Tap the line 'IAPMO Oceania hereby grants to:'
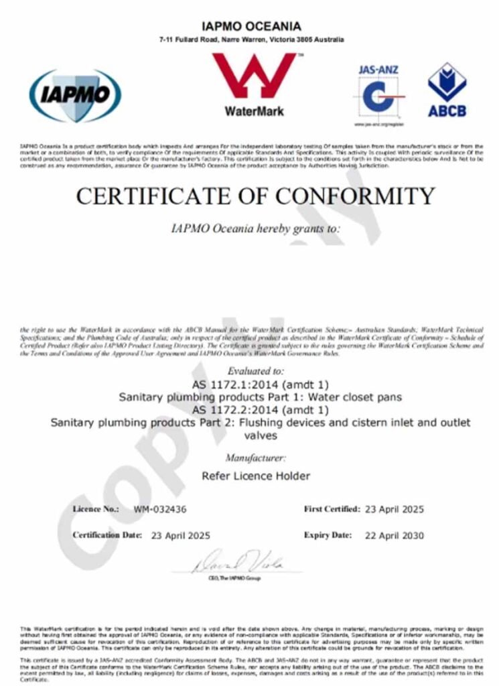click(x=257, y=228)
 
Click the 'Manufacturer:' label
click(x=256, y=458)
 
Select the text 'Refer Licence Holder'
click(x=256, y=476)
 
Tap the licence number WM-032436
click(x=160, y=509)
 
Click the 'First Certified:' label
click(x=332, y=509)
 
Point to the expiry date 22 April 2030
click(x=395, y=535)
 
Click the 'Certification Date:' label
click(x=107, y=535)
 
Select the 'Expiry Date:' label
click(x=328, y=535)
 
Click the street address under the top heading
click(x=251, y=40)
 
